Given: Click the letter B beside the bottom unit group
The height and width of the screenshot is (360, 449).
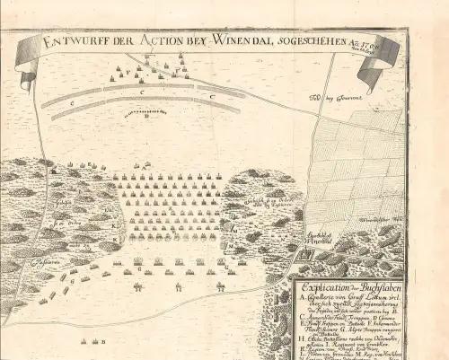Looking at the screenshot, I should (104, 342).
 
